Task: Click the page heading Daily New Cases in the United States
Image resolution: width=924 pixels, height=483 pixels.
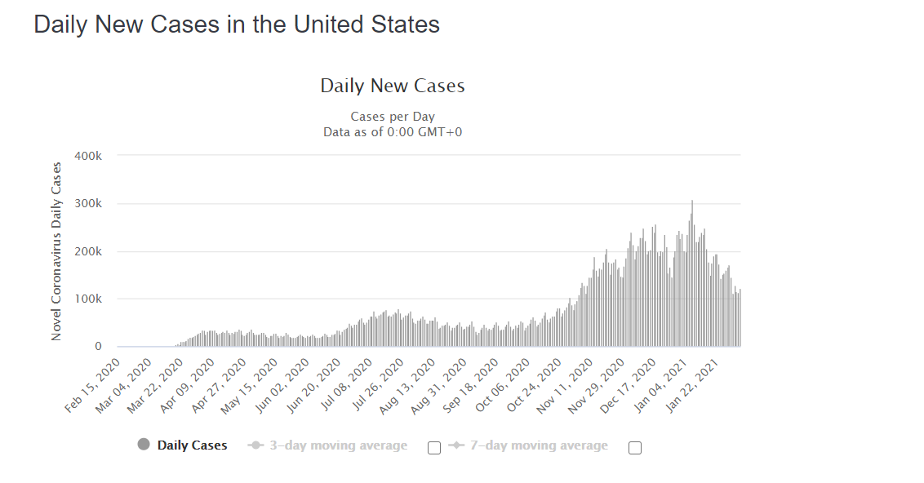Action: click(x=237, y=24)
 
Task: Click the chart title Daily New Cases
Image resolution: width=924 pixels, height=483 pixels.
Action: click(x=393, y=86)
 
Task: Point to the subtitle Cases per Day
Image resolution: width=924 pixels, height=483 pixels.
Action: click(x=393, y=117)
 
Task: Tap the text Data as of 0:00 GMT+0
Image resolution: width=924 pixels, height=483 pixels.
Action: click(x=393, y=132)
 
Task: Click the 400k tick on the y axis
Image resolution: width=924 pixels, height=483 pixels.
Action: click(x=88, y=156)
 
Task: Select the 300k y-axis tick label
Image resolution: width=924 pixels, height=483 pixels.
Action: click(x=88, y=204)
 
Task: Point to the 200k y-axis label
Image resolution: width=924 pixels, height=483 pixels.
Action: click(x=88, y=251)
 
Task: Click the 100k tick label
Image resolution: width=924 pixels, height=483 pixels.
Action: click(x=88, y=299)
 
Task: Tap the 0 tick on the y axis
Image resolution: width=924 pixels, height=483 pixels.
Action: click(x=99, y=347)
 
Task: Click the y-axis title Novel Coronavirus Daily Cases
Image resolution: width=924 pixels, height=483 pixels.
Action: click(x=56, y=251)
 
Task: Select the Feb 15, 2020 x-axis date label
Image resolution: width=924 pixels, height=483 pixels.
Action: click(x=92, y=385)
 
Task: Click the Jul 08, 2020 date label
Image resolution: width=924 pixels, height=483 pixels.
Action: click(x=345, y=385)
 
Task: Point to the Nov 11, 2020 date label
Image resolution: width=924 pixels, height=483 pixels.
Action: click(x=565, y=385)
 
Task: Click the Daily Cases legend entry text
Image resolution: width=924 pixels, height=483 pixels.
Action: click(x=192, y=446)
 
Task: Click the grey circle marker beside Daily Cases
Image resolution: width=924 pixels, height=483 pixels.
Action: click(x=144, y=445)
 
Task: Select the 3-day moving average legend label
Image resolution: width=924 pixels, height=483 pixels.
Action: click(x=338, y=446)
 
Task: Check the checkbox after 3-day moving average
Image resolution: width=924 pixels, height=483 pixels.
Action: click(x=434, y=448)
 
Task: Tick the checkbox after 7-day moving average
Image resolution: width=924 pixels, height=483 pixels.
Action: click(x=635, y=448)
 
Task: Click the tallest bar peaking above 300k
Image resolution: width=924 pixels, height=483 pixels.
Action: click(x=692, y=273)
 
